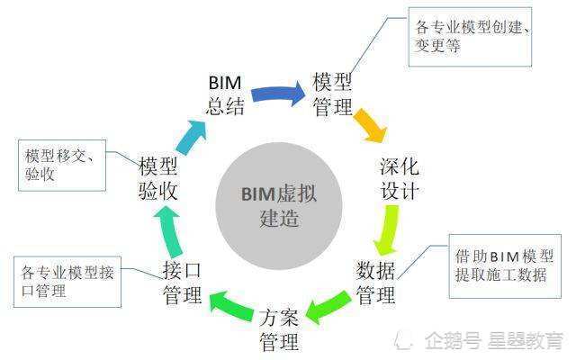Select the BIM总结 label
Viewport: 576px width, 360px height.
point(225,95)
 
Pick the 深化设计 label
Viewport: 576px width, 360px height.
point(400,179)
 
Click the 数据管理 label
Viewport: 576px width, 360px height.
point(376,282)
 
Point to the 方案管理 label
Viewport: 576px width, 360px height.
point(279,329)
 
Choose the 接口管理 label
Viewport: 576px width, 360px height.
point(183,283)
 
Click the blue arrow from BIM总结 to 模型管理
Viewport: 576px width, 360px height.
point(278,92)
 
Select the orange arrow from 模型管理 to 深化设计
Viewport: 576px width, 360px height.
point(370,125)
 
